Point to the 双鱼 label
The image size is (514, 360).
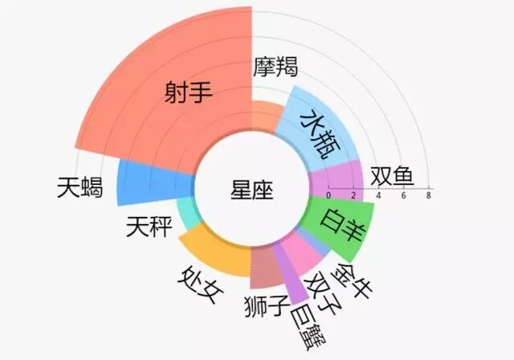click(392, 176)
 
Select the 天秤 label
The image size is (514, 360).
click(149, 228)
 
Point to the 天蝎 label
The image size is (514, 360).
click(80, 188)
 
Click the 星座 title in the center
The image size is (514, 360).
click(251, 190)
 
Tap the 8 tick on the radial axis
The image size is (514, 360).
click(429, 194)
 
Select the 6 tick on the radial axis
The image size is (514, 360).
click(404, 194)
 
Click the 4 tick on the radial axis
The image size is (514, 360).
click(379, 194)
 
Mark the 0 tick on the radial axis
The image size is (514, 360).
click(328, 194)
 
